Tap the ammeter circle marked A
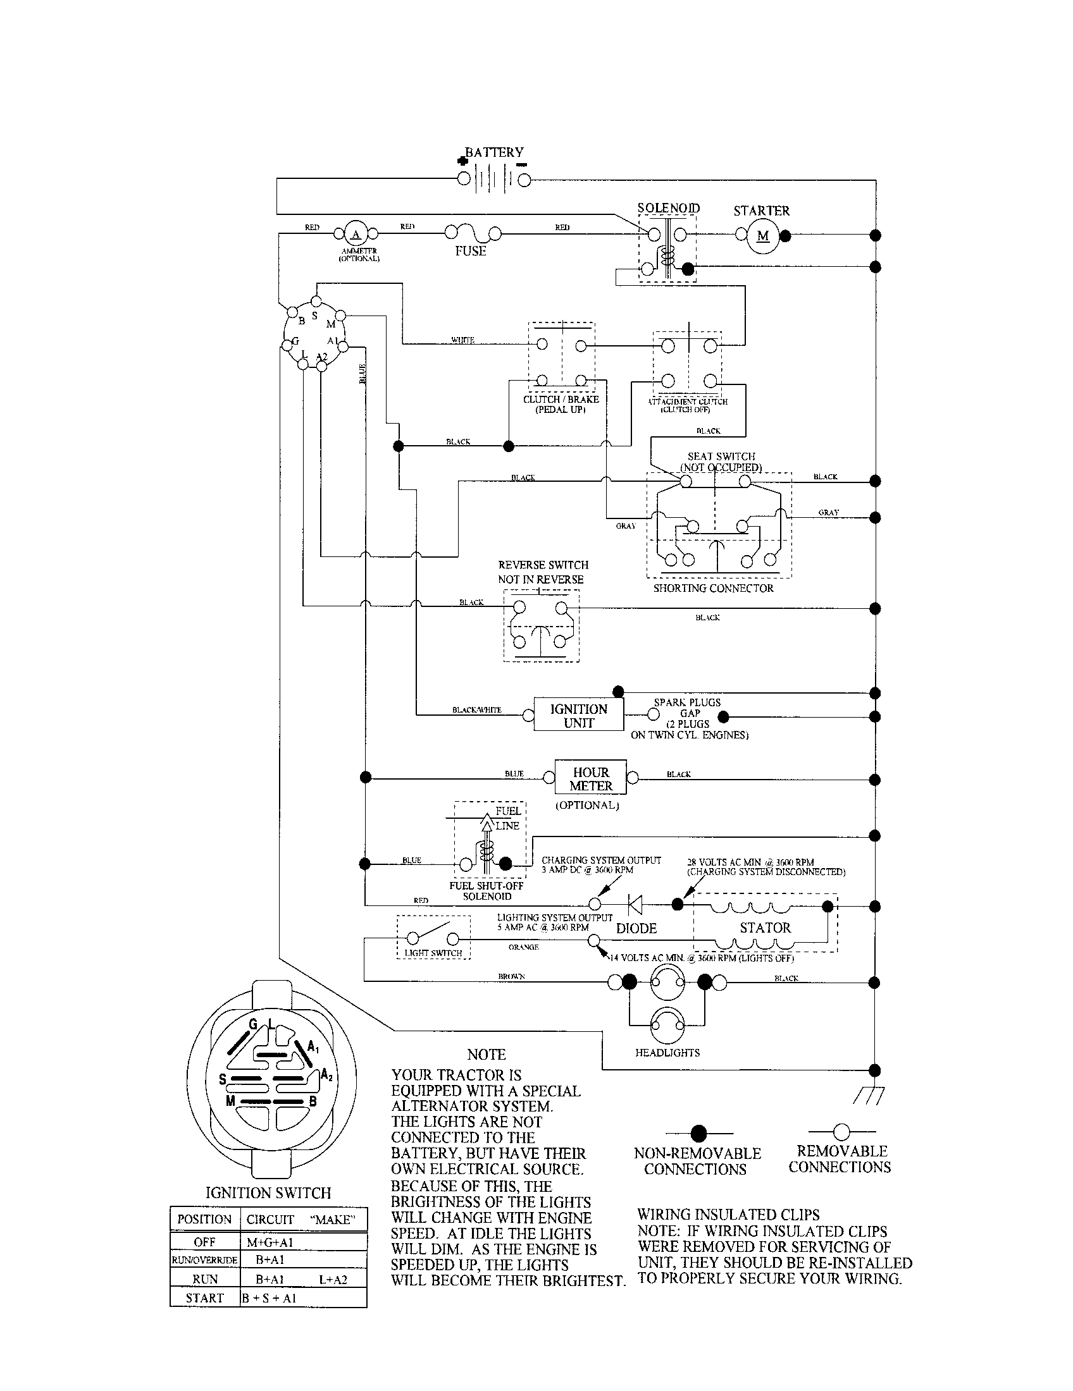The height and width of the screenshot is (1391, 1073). [x=356, y=234]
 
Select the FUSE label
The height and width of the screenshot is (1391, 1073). [x=470, y=251]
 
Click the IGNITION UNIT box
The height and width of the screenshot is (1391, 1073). [x=578, y=716]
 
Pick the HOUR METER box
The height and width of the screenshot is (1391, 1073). [x=591, y=778]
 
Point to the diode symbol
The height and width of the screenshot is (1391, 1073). [x=635, y=903]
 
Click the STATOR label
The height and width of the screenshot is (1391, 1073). [x=765, y=928]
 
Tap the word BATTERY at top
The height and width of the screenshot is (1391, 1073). [x=495, y=152]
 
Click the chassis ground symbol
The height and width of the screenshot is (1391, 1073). [x=869, y=1094]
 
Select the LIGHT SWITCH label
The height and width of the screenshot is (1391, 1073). [x=433, y=953]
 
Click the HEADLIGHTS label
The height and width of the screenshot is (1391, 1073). [x=667, y=1053]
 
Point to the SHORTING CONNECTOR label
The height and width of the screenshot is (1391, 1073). [x=713, y=588]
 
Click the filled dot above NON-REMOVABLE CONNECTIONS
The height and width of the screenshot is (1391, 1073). [x=699, y=1133]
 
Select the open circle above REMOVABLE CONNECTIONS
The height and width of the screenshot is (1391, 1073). [x=841, y=1131]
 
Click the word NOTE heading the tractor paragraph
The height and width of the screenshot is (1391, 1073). [x=485, y=1055]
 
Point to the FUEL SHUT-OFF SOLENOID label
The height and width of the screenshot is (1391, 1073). [x=486, y=891]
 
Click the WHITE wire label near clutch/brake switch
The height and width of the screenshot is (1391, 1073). [x=462, y=340]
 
